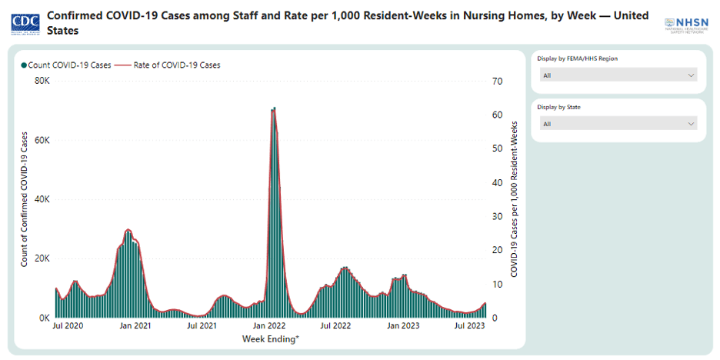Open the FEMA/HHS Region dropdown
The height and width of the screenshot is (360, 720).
tap(618, 75)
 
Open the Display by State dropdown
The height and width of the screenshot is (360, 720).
tap(618, 124)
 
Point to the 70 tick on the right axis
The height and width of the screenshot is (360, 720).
tap(498, 82)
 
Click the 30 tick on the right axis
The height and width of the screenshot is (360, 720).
tap(498, 216)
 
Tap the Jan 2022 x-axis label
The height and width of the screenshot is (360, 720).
tap(269, 326)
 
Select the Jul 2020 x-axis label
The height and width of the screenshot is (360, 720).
tap(68, 326)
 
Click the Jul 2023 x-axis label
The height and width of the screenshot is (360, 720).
tap(469, 326)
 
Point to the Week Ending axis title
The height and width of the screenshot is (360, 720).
tap(270, 338)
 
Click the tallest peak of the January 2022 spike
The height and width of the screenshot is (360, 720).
tap(273, 109)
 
